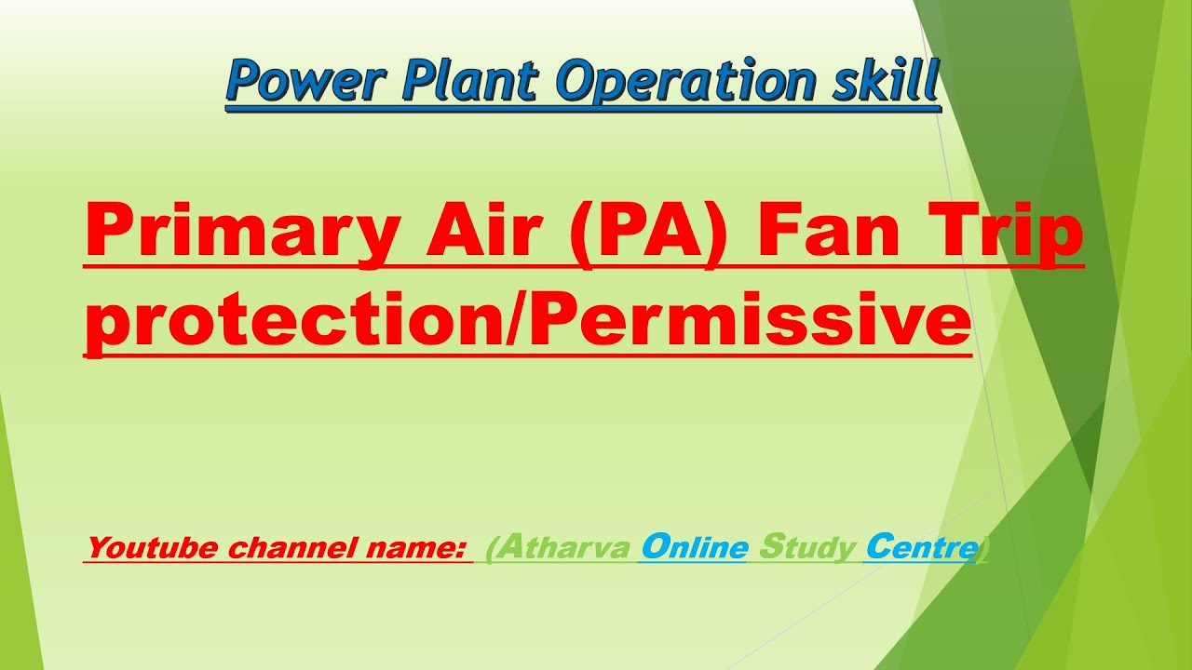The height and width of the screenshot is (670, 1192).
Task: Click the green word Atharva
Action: [x=564, y=548]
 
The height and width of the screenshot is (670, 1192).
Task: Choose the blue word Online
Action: [x=694, y=547]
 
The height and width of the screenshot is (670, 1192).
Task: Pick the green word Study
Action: [x=806, y=549]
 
